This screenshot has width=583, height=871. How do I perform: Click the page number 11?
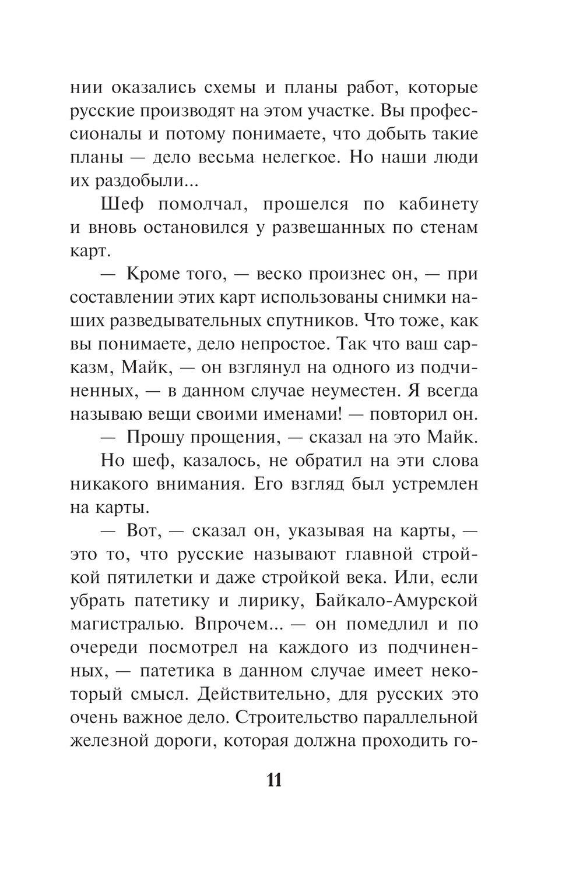click(274, 780)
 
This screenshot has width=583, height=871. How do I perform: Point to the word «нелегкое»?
click(297, 158)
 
